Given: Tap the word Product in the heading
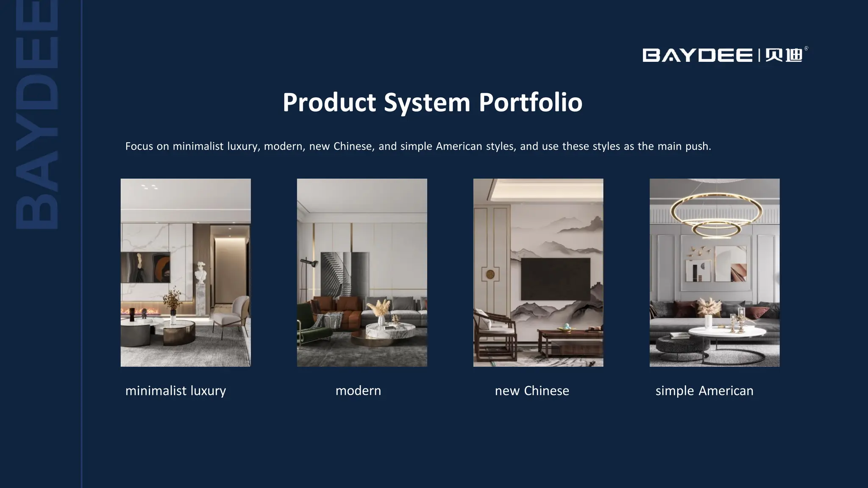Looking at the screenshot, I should click(x=329, y=103).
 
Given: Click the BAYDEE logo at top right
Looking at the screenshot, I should click(x=697, y=55).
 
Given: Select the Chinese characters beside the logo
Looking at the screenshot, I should click(x=784, y=55).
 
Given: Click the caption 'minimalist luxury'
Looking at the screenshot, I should click(x=175, y=391).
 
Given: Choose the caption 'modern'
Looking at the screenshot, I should click(x=358, y=391).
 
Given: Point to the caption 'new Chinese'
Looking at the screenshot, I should click(x=532, y=391).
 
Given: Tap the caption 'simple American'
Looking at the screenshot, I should click(x=704, y=391).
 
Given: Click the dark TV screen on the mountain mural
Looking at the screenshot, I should click(x=555, y=279).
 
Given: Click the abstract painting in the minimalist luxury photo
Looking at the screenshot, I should click(x=145, y=267).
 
